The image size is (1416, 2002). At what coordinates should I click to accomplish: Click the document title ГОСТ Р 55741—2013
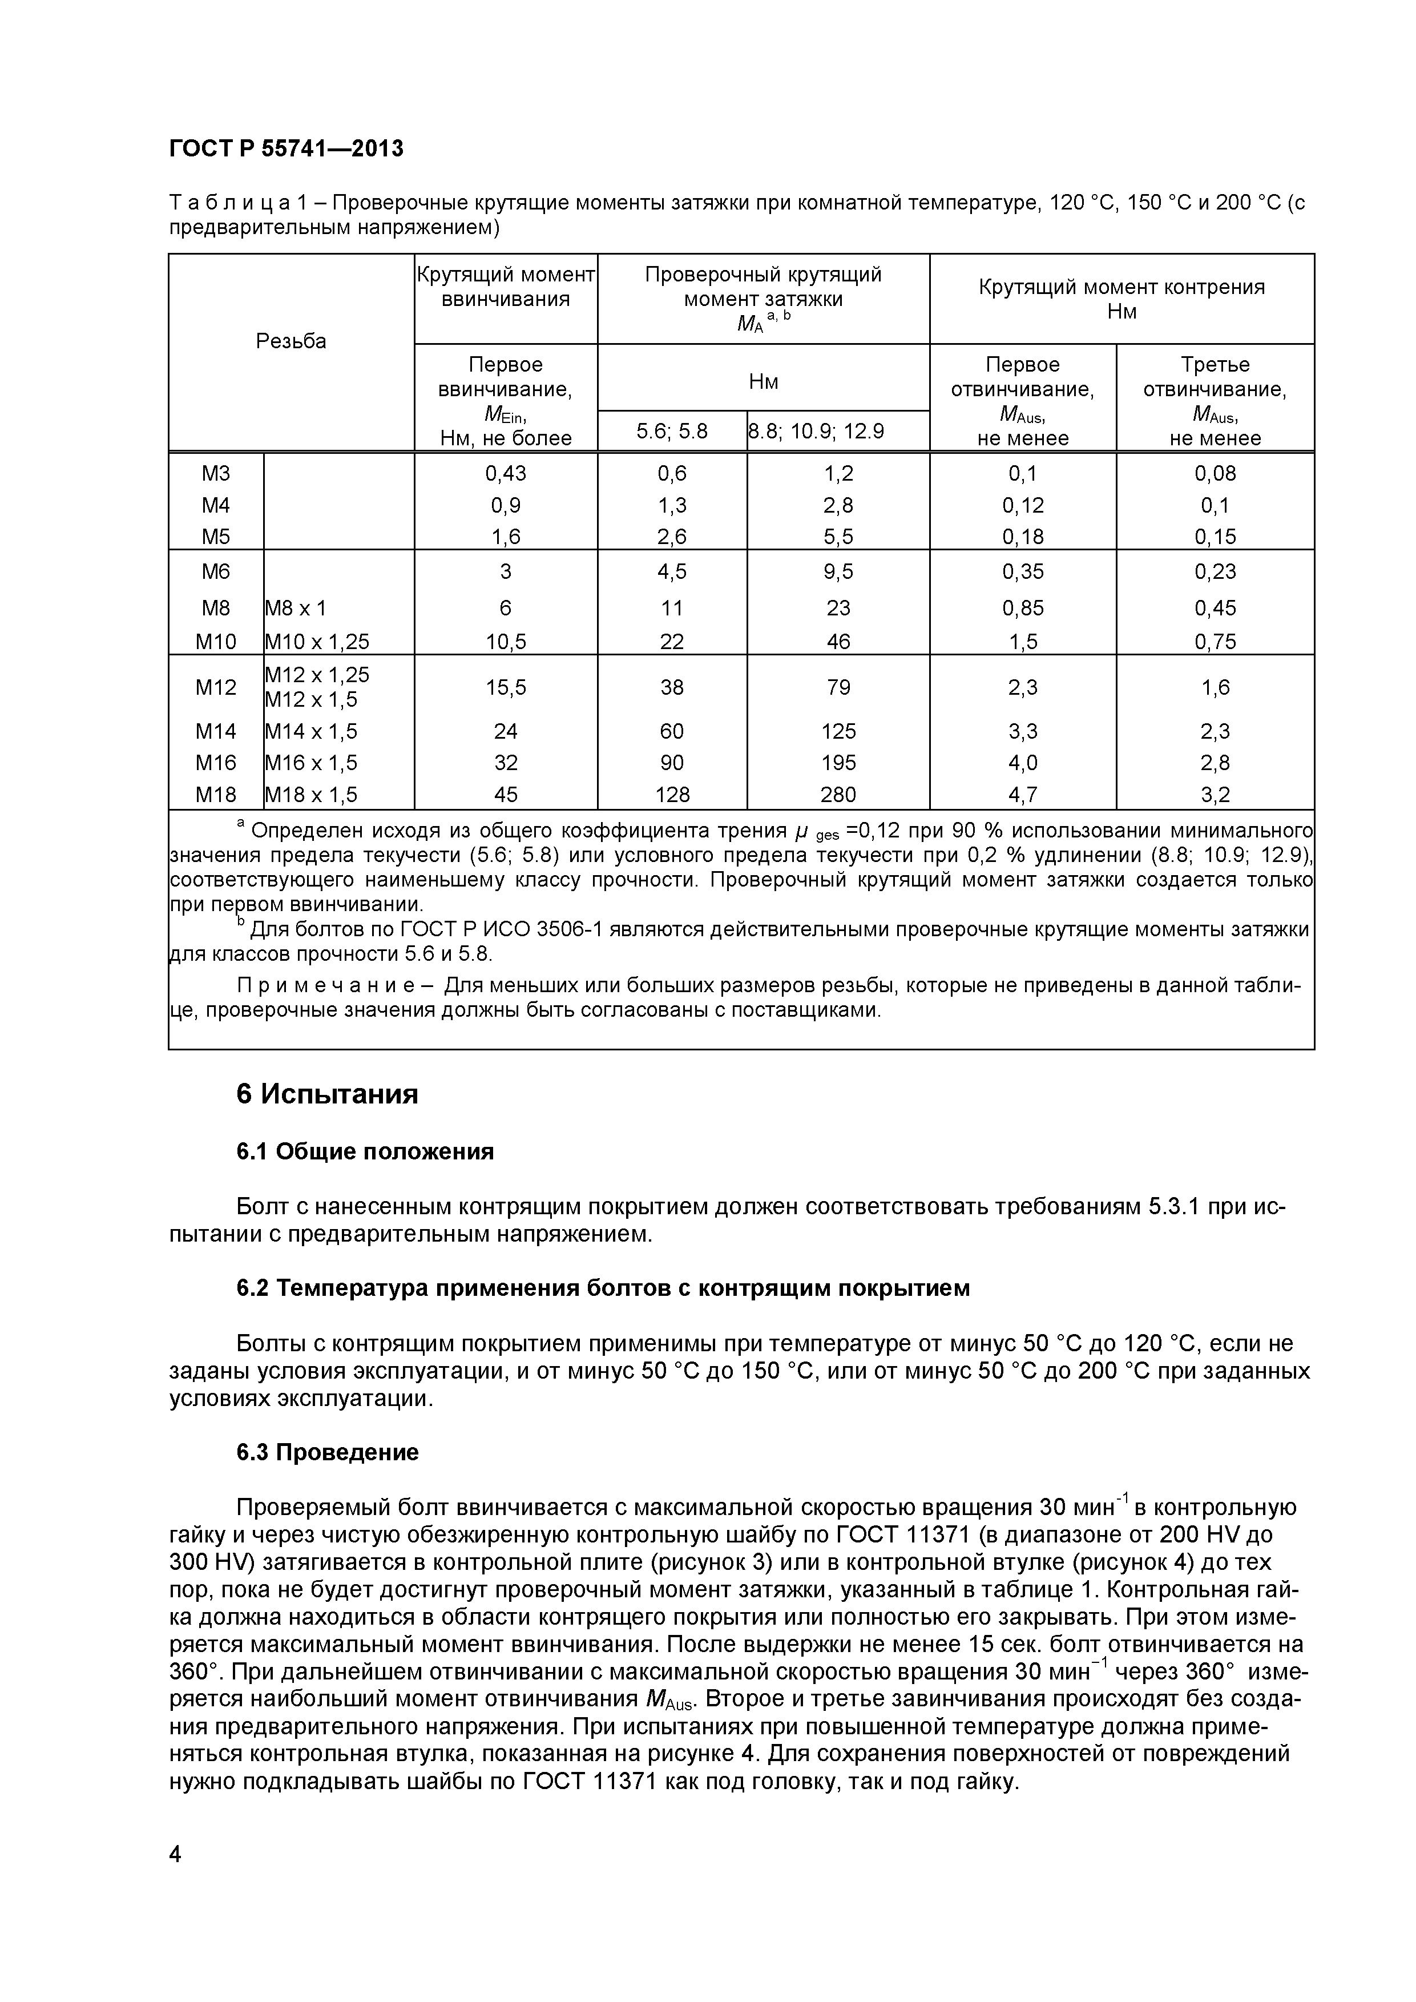(286, 149)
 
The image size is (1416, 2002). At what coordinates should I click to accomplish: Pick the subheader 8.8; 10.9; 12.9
(817, 431)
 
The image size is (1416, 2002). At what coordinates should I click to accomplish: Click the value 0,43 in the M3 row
(506, 473)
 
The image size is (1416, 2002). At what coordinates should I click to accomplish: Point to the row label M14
(215, 731)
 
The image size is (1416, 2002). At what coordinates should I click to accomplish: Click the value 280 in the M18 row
(838, 794)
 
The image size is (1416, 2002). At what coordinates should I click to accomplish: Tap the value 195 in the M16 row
(838, 763)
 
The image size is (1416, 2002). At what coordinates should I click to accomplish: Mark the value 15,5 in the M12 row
(506, 688)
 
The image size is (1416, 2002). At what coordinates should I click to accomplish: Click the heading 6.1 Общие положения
(365, 1152)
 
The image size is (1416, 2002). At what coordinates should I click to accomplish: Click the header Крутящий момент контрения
(1121, 288)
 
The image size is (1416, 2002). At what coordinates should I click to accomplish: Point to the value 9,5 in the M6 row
(838, 571)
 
